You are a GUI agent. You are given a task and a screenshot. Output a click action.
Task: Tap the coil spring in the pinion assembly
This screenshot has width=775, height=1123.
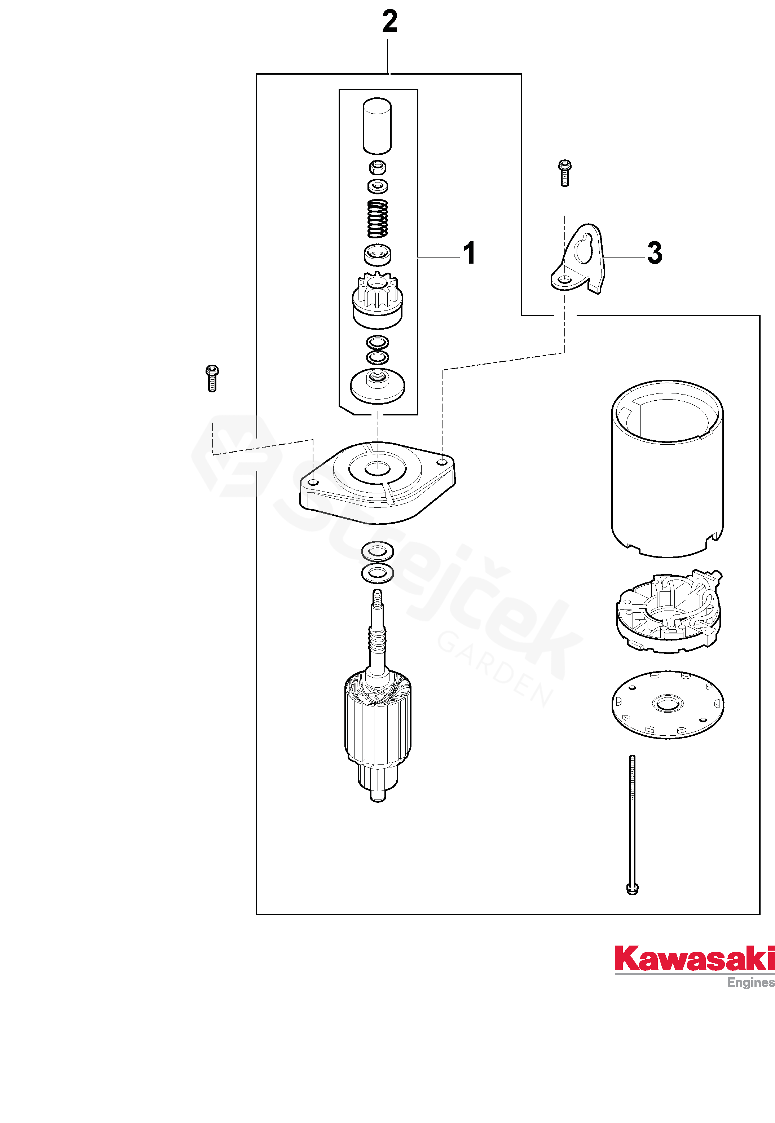(x=377, y=219)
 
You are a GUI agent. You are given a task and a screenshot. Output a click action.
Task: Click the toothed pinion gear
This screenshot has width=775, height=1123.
(x=377, y=299)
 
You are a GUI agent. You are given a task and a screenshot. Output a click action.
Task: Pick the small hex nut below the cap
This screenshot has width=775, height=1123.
(x=377, y=167)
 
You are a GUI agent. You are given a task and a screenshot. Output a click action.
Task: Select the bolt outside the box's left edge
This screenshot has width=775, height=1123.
(x=212, y=378)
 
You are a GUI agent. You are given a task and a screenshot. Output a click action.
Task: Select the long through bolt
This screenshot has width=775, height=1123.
(x=632, y=825)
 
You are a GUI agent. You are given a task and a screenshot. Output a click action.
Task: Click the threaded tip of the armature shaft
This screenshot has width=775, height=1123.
(x=377, y=596)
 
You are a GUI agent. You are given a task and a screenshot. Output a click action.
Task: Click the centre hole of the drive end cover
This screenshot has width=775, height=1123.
(x=377, y=468)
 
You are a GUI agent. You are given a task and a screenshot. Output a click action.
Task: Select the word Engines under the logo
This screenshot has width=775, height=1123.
(x=750, y=982)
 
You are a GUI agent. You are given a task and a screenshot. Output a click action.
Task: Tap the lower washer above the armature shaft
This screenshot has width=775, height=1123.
(x=377, y=573)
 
